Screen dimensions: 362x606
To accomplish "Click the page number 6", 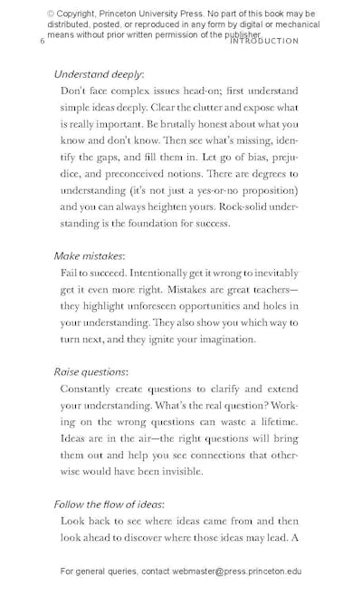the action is pos(42,42).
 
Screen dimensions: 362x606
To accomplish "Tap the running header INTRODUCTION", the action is pos(264,42).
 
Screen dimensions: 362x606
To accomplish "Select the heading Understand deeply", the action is pos(99,74).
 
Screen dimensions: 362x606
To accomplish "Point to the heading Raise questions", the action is pos(90,371).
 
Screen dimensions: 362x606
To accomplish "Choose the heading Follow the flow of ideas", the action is pos(109,504).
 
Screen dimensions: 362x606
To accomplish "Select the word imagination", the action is pos(221,339).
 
